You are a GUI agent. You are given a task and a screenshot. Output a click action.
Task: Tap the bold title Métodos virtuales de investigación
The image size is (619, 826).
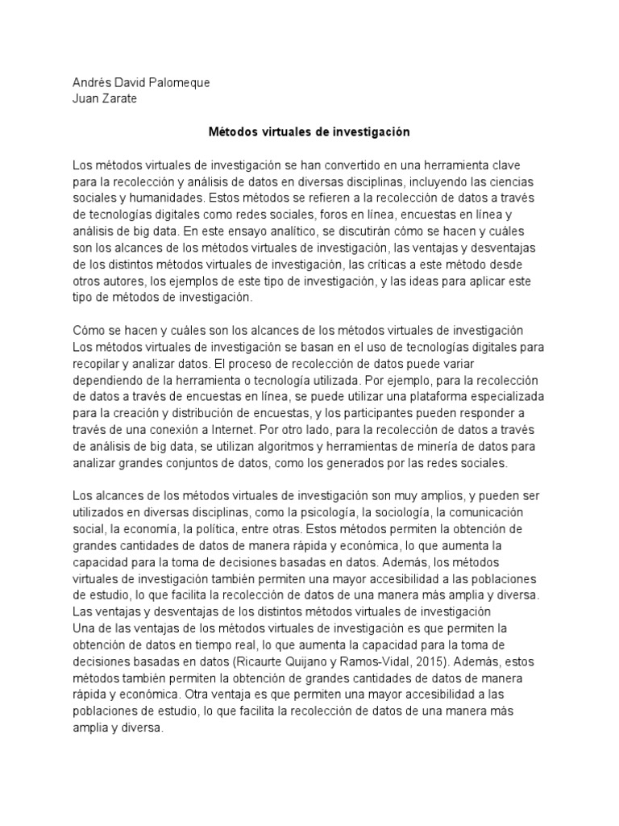[309, 131]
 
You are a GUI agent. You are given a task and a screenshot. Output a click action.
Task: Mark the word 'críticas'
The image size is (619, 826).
[403, 264]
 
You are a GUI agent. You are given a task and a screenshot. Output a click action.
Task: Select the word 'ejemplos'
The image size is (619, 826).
[213, 280]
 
